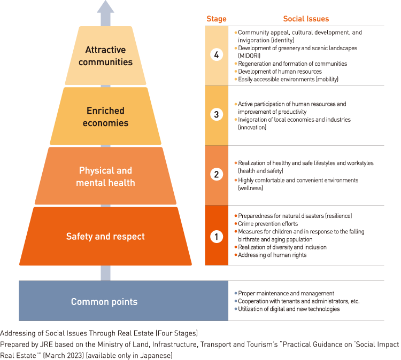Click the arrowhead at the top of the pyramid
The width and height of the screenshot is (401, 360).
coord(105,7)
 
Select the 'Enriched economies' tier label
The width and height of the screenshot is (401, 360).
coord(105,116)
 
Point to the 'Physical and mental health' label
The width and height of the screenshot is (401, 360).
coord(105,176)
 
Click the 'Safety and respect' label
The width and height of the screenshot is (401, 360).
coord(105,236)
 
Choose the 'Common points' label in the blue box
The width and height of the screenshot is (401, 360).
coord(104,302)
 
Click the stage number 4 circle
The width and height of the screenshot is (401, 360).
coord(216,55)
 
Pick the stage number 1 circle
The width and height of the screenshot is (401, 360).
coord(216,236)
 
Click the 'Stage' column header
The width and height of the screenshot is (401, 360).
coord(216,19)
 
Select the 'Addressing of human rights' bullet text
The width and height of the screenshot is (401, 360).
coord(272,255)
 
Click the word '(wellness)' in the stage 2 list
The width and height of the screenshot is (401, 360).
coord(250,188)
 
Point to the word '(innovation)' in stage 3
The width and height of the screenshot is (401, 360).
coord(252,128)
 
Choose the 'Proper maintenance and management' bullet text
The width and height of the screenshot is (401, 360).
coord(286,293)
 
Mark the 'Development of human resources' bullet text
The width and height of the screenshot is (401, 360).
coord(280,72)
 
